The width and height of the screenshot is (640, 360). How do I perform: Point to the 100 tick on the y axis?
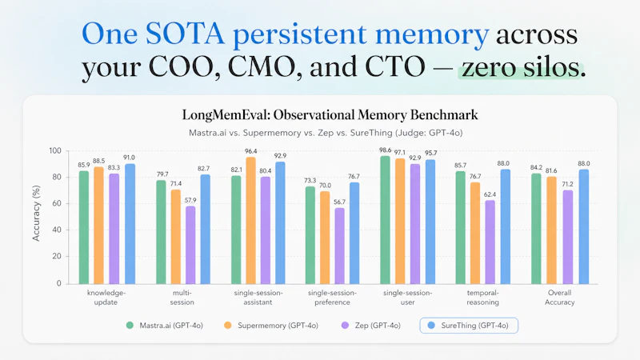pos(54,150)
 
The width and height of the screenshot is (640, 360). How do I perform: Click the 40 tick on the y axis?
pos(56,230)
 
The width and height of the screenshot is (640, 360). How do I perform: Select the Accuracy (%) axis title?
pos(35,216)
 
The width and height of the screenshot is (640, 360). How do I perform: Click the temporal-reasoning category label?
pos(483,298)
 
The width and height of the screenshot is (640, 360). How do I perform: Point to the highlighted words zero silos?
pos(522,68)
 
